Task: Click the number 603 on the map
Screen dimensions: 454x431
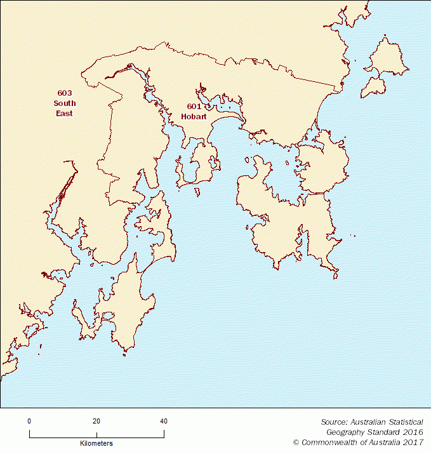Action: (64, 93)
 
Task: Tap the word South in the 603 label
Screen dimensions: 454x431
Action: (64, 103)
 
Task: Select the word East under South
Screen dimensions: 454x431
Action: (64, 114)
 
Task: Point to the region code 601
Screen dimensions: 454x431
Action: (194, 107)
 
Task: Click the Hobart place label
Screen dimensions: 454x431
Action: (194, 117)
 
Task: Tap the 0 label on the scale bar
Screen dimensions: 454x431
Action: (29, 421)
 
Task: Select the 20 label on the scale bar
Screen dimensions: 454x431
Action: (96, 421)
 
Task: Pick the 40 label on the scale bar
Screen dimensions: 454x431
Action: (164, 421)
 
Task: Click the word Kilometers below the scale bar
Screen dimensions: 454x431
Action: (96, 443)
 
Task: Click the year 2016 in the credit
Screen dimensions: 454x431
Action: (414, 432)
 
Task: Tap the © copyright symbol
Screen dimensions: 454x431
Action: (296, 442)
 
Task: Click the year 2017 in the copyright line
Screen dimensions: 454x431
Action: (414, 442)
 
